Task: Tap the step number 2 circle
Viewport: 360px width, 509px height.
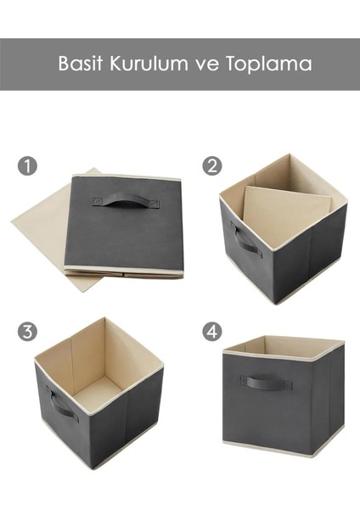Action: point(211,165)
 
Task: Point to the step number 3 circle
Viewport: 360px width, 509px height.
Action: point(28,331)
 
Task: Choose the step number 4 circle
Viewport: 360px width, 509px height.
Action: point(211,331)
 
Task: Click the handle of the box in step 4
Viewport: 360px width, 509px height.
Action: point(266,383)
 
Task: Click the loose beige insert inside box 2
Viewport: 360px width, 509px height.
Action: point(284,212)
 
